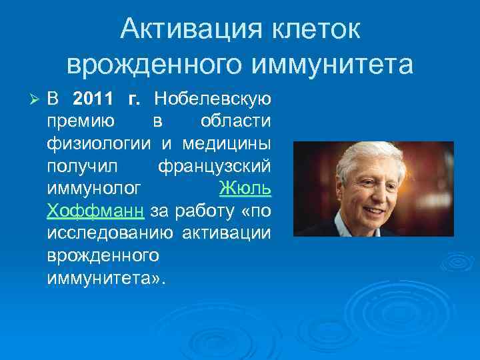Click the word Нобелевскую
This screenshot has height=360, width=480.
212,100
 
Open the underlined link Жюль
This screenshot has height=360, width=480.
245,189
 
